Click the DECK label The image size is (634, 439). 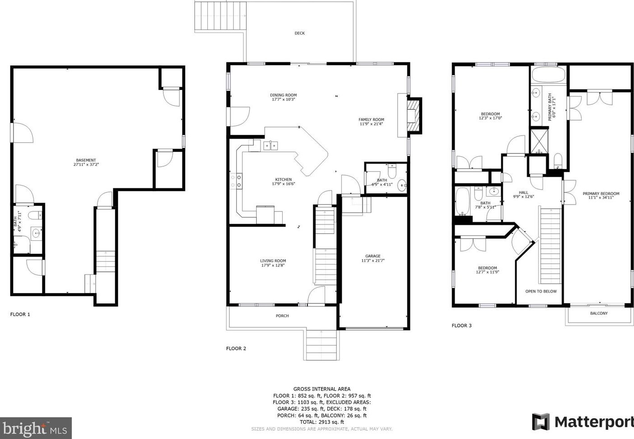coord(299,33)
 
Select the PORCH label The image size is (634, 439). coord(282,316)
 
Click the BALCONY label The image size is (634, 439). coord(599,313)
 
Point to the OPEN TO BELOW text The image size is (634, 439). coord(541,291)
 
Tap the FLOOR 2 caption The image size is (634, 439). coord(236,348)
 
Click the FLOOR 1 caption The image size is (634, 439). coord(20,314)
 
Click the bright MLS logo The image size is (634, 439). coord(36,428)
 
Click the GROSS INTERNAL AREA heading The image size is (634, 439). coord(322,389)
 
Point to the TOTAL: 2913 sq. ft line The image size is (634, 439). coord(322,422)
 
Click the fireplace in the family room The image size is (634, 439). coord(413,115)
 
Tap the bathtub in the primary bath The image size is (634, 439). coord(548,75)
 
